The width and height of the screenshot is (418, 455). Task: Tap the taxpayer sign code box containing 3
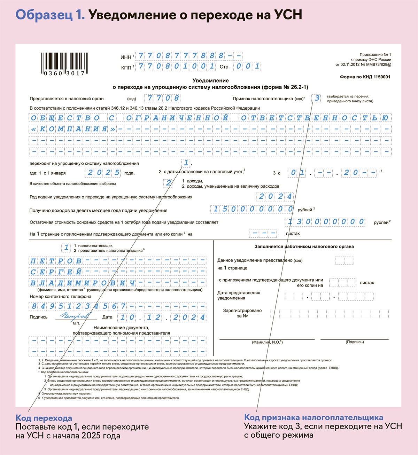[317, 98]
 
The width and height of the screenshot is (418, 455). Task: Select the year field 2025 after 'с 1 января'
[103, 173]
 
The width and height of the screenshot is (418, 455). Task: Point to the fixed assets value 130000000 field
[325, 222]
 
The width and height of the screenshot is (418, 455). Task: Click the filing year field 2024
[275, 197]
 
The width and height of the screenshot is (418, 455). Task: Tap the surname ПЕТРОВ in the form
[56, 261]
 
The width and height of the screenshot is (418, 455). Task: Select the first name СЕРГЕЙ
[56, 272]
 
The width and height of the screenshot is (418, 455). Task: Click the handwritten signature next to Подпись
[75, 316]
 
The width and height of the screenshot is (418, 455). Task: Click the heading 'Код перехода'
[44, 418]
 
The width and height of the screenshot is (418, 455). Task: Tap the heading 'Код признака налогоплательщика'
[313, 417]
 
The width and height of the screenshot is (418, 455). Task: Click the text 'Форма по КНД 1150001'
[365, 77]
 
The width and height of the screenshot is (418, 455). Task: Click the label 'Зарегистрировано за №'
[242, 313]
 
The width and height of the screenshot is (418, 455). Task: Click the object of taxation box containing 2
[169, 183]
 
